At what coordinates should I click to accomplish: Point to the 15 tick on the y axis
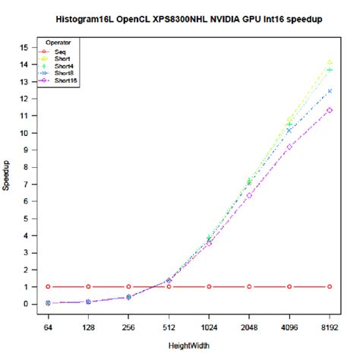[x=25, y=47]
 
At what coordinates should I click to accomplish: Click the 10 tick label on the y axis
[x=25, y=133]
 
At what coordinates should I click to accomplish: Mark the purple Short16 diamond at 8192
[x=330, y=110]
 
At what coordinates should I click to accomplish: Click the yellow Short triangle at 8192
[x=330, y=62]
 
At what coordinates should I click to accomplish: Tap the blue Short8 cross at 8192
[x=330, y=91]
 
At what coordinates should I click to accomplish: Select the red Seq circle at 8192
[x=330, y=286]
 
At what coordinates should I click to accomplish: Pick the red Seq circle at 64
[x=48, y=286]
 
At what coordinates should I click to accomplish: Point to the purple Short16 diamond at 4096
[x=289, y=146]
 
